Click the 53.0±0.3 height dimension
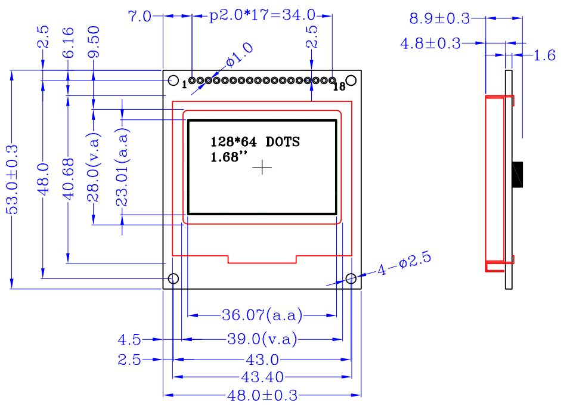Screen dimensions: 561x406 (12, 179)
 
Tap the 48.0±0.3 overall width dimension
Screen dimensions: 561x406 (262, 395)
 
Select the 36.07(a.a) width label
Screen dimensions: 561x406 (262, 315)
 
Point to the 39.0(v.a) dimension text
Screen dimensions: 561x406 (262, 339)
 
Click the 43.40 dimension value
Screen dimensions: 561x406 (262, 377)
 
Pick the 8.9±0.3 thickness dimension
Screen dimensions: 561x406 (439, 18)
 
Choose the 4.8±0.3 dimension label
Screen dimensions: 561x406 (430, 44)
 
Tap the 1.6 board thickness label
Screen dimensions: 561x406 (544, 55)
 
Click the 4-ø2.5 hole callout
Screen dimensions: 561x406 (404, 264)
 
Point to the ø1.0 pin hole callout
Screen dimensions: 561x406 (240, 55)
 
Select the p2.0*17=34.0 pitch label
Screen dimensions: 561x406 (262, 16)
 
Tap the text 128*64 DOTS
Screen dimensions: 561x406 (255, 142)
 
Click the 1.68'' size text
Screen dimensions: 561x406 (229, 157)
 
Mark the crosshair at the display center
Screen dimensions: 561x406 (262, 167)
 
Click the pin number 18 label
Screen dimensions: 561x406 (339, 86)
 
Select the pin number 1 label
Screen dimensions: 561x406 (184, 85)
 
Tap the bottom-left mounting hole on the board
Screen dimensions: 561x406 (173, 278)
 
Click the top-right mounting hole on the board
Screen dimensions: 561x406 (351, 80)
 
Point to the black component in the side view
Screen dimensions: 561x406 (517, 175)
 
